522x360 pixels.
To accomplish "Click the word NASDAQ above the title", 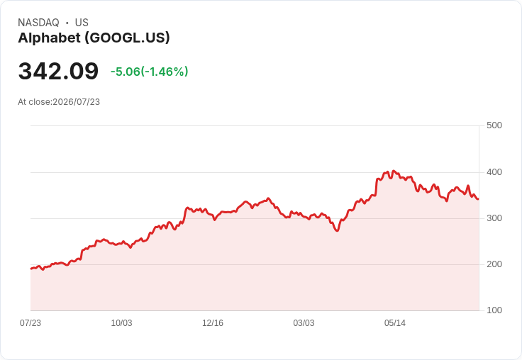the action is (x=38, y=23).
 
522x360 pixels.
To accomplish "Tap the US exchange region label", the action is (x=82, y=23).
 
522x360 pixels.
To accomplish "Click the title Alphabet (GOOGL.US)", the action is (x=94, y=38).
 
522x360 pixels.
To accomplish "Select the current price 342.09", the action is (x=58, y=71).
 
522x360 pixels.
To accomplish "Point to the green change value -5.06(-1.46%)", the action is (x=150, y=72).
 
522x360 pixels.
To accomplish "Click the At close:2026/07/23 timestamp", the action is (x=59, y=102).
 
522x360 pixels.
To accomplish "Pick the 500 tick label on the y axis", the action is (x=494, y=125).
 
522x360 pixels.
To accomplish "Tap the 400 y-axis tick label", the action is (x=494, y=172).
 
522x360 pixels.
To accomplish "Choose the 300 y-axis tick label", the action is (x=494, y=218).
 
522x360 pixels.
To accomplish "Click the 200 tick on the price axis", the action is (x=494, y=264).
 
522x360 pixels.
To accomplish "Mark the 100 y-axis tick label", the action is (x=494, y=310).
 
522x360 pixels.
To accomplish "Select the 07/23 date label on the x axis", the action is (x=30, y=323).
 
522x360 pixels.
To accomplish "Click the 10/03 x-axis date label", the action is (x=121, y=323).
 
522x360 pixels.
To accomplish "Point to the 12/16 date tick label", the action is (x=213, y=323).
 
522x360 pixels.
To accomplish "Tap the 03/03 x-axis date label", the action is (x=304, y=323).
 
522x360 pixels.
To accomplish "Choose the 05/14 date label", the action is (x=395, y=323).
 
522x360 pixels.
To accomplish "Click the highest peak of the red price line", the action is (x=394, y=171).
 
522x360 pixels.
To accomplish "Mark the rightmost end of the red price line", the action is (x=479, y=199).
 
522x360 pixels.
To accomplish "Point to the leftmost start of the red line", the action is (x=31, y=269).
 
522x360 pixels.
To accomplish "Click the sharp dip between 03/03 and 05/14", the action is (x=338, y=230).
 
